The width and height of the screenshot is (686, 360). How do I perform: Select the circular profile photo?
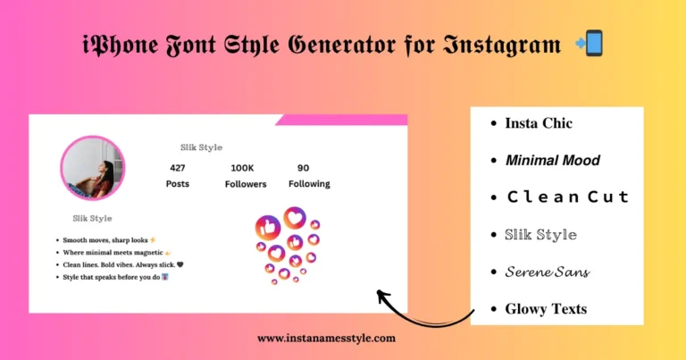92,168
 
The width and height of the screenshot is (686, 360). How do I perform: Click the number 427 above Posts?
178,167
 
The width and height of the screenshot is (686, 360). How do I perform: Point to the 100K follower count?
242,167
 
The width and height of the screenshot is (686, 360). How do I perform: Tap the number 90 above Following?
304,167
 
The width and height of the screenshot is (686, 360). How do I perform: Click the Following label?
309,184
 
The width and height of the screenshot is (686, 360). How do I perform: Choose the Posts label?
178,184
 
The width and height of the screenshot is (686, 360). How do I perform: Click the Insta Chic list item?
538,123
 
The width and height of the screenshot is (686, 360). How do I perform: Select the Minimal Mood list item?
552,161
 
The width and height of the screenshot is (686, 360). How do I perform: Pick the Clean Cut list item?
567,197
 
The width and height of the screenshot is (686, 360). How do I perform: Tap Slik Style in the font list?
540,235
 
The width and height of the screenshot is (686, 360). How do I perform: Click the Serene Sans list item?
547,272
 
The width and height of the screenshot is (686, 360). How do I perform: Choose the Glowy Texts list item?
546,309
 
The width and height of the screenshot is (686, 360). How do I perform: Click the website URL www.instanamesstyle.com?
326,339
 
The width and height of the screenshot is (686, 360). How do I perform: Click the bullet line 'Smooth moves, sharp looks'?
108,240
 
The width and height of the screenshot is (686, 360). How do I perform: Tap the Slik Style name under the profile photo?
92,218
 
